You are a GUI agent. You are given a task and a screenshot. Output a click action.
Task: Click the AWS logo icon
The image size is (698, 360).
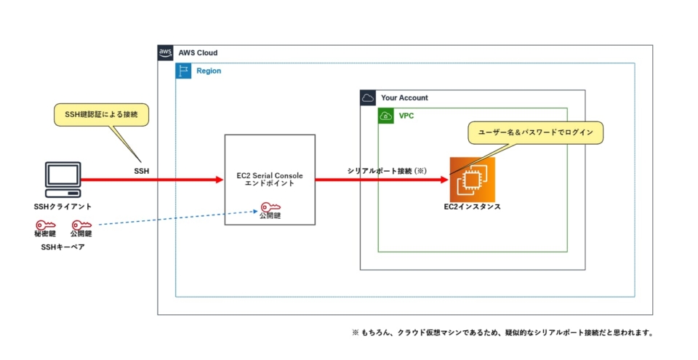pos(166,53)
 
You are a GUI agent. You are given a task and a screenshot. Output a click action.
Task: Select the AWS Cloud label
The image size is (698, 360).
pos(198,53)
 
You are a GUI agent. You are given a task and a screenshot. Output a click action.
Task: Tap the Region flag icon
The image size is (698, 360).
pos(183,71)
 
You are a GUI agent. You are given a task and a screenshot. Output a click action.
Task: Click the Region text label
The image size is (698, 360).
pos(209,71)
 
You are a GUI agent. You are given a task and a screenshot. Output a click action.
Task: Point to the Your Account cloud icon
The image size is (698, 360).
pos(368,97)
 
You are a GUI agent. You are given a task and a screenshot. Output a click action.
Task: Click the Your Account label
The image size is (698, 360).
pos(404,97)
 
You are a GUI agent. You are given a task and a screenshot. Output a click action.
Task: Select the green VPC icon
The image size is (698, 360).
pos(385,116)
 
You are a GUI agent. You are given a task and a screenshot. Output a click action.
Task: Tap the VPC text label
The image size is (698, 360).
pos(406,116)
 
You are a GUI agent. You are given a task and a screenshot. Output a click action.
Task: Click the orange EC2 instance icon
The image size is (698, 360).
pos(472,179)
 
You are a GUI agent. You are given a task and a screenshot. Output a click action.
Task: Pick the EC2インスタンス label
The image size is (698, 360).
pos(472,207)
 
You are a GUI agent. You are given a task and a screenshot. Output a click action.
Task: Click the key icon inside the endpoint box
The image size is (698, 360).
pos(270,207)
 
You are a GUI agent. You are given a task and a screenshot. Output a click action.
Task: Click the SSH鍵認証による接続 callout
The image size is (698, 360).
pos(100,115)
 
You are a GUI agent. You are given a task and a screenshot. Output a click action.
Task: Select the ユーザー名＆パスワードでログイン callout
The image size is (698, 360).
pos(535,132)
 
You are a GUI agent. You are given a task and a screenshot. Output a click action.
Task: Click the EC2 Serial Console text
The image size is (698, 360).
pos(270,176)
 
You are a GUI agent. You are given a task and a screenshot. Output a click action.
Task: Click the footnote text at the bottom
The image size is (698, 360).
pos(502,333)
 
